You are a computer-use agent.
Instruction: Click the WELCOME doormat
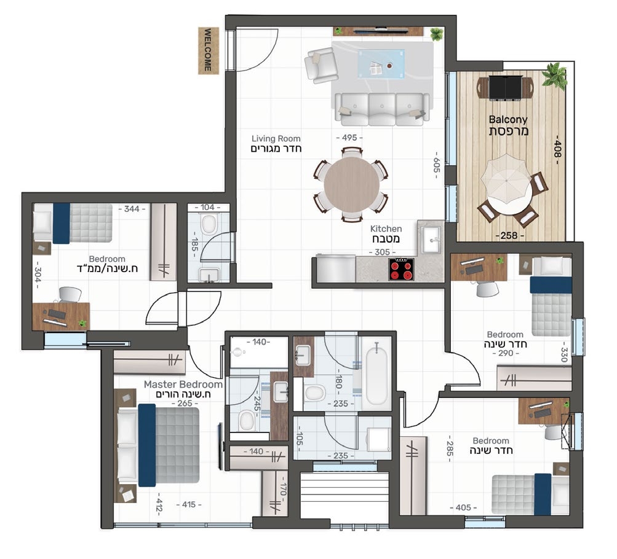[x=208, y=50]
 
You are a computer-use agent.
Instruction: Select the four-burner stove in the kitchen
[x=401, y=269]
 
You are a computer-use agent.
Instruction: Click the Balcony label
[x=508, y=119]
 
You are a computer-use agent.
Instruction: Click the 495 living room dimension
[x=349, y=138]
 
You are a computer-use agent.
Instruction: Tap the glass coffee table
[x=381, y=64]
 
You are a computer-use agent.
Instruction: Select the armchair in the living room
[x=321, y=65]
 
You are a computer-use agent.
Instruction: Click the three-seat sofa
[x=381, y=109]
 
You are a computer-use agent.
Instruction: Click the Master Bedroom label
[x=183, y=385]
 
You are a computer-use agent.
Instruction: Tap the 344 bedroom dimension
[x=132, y=209]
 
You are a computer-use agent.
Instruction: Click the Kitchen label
[x=386, y=229]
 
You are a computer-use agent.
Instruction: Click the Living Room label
[x=276, y=139]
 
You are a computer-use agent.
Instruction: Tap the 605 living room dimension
[x=436, y=165]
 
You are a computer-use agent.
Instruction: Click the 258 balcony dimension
[x=509, y=236]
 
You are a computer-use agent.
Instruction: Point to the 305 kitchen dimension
[x=382, y=252]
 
